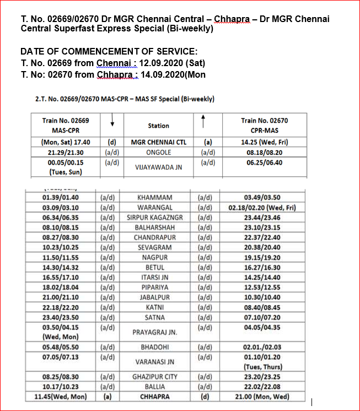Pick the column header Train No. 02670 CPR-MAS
click(264, 125)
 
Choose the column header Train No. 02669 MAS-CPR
click(66, 125)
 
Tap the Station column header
click(158, 126)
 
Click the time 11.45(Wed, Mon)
click(61, 397)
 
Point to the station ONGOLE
click(158, 152)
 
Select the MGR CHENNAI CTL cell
click(158, 142)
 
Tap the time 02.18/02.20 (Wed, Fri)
click(262, 208)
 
